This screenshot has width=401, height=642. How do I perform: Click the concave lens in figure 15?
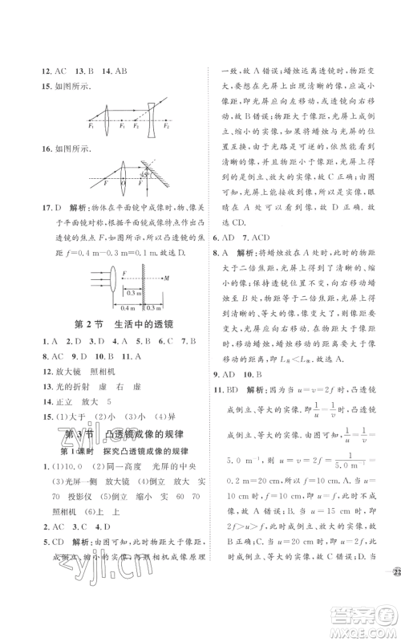(x=151, y=117)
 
